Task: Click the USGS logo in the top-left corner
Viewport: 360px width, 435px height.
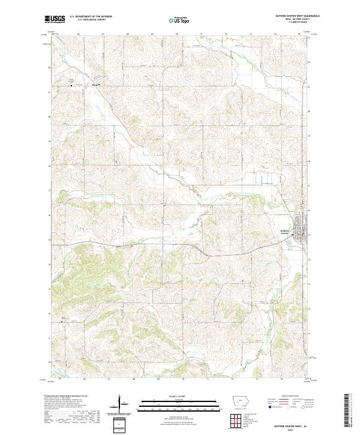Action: [x=55, y=20]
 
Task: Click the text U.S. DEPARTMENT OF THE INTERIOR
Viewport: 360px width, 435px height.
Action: [x=89, y=17]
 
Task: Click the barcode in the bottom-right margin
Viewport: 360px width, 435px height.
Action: [x=347, y=411]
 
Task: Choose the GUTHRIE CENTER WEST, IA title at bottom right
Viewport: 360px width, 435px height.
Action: [x=293, y=423]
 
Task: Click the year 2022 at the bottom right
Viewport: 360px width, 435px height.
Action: [x=293, y=428]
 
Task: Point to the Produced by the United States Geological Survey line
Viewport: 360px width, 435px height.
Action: [x=70, y=397]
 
